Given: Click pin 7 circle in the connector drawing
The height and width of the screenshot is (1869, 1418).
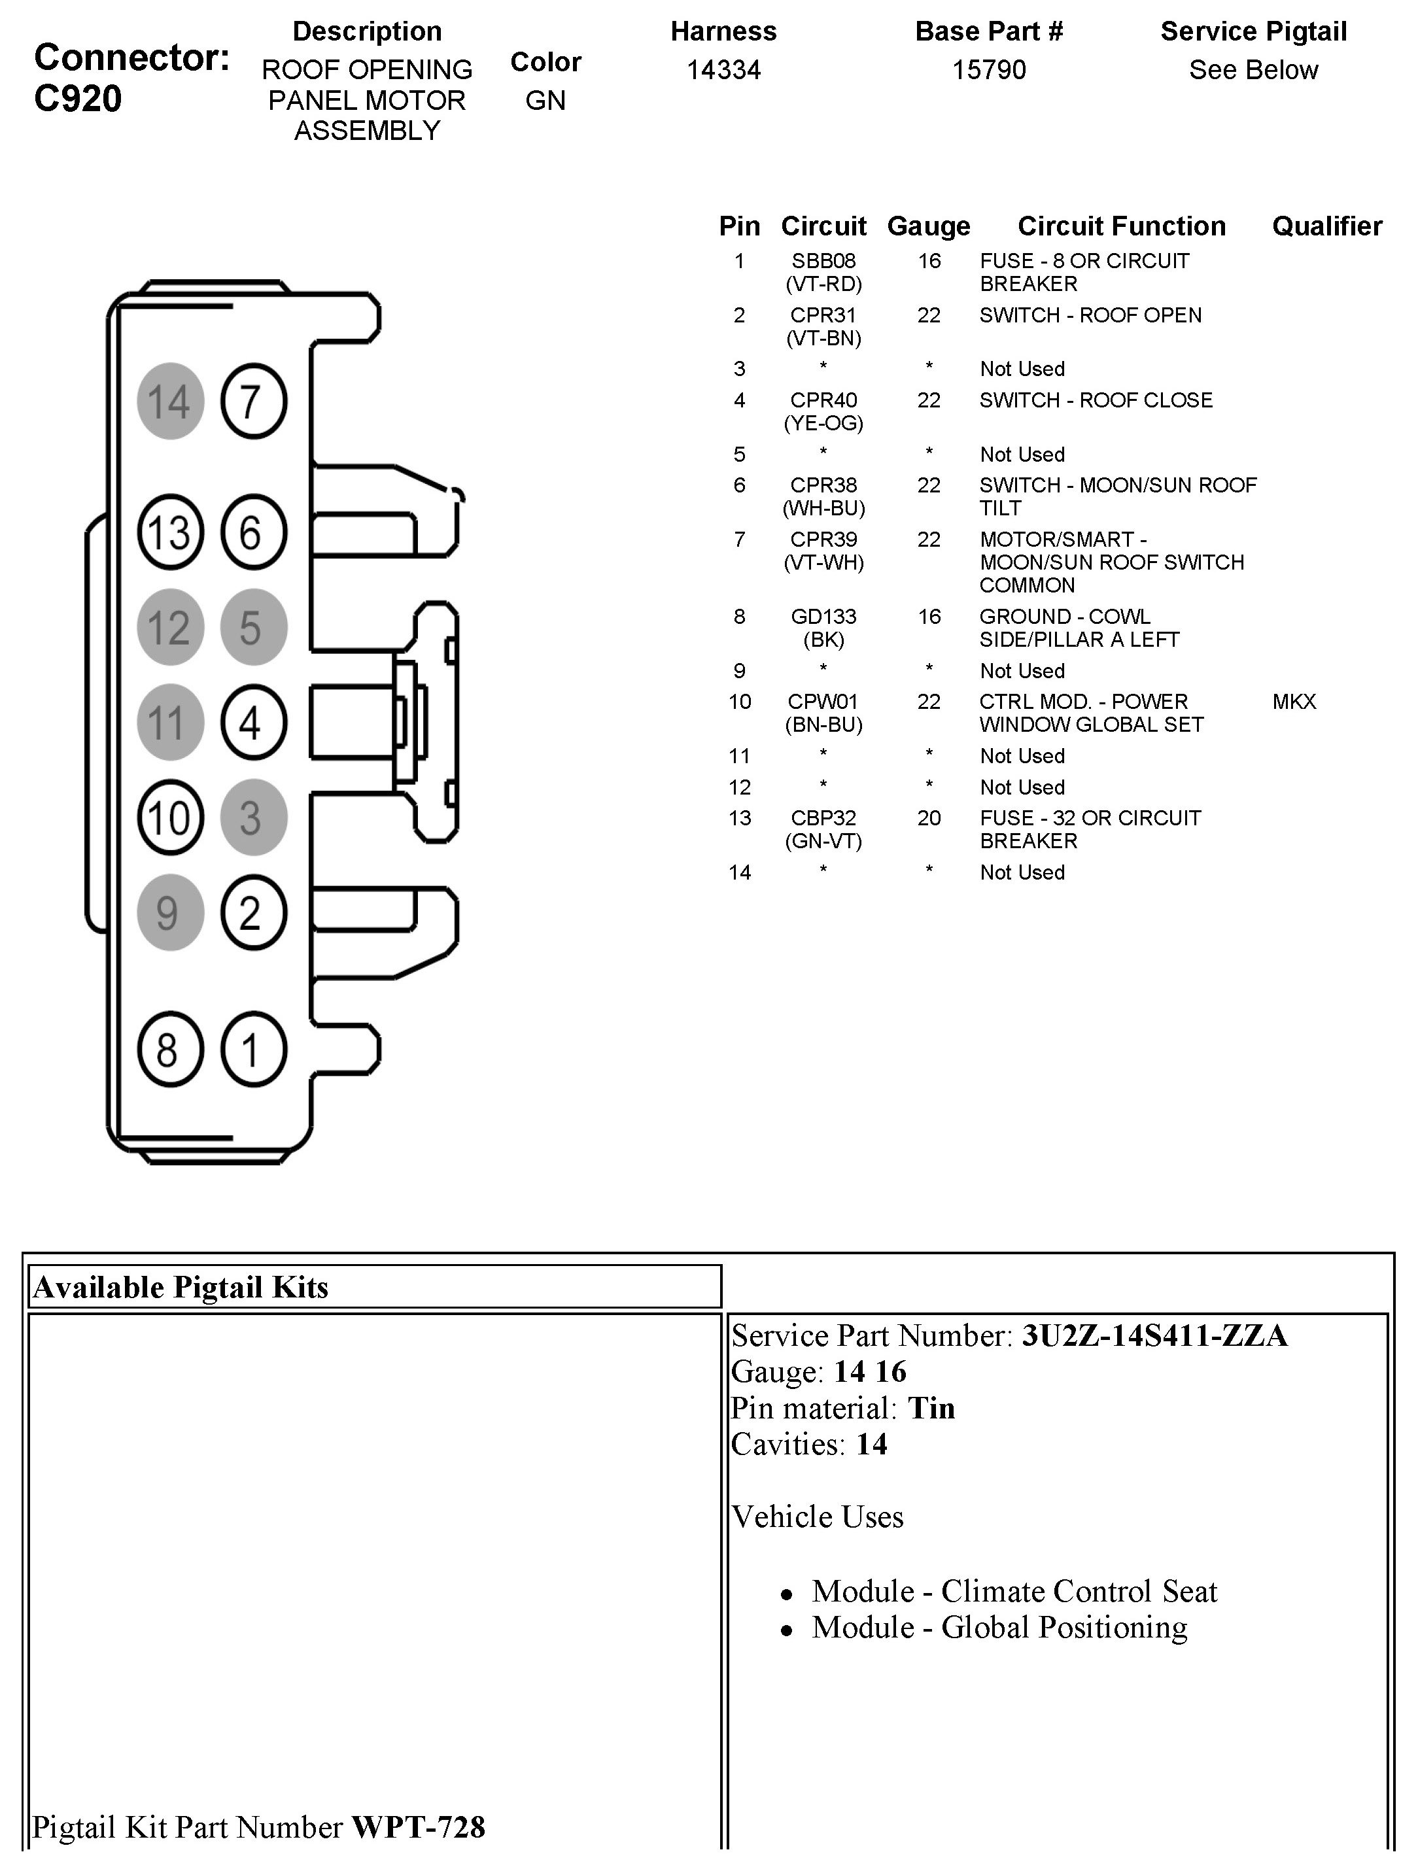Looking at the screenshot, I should click(254, 402).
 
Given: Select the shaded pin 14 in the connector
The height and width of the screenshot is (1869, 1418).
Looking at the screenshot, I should click(170, 402).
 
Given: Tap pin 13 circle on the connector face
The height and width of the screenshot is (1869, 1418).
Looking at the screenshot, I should click(170, 532).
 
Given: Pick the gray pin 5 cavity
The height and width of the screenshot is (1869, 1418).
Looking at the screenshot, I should click(254, 627).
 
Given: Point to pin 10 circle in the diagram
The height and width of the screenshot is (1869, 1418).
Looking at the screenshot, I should click(170, 817).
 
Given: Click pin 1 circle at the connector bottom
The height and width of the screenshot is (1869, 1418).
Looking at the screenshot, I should click(254, 1050).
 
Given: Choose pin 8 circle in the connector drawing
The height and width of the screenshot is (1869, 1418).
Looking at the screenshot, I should click(170, 1050).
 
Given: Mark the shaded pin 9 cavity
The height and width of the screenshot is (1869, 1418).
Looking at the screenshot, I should click(170, 912).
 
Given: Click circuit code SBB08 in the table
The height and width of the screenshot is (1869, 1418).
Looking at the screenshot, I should click(823, 261).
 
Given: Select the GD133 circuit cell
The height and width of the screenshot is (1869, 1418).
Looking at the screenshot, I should click(823, 617).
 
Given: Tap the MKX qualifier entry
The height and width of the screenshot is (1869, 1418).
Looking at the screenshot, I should click(1294, 701).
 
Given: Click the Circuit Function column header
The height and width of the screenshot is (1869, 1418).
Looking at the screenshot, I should click(1122, 226).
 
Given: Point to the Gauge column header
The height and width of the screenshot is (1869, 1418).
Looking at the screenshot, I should click(929, 226).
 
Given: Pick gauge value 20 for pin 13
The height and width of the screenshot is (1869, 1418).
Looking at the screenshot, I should click(929, 818).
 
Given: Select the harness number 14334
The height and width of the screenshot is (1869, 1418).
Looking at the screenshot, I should click(723, 69).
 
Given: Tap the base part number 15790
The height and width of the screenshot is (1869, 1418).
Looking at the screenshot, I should click(989, 69).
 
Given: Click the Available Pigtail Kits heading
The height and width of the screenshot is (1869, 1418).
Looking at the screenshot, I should click(181, 1287).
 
